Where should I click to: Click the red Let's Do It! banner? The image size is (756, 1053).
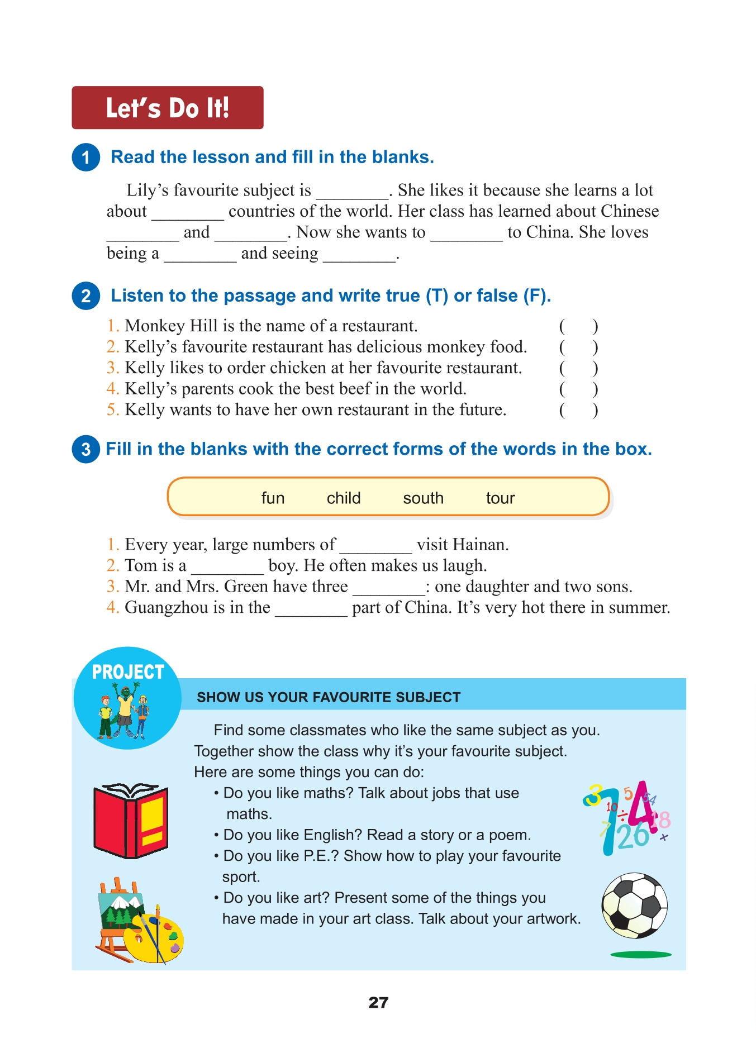[167, 108]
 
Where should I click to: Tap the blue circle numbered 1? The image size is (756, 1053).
[85, 158]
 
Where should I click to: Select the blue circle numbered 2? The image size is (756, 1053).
[85, 296]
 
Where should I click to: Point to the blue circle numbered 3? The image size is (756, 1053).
[85, 449]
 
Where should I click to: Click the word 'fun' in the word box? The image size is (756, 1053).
[273, 498]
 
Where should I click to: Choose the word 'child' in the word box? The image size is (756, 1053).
[344, 498]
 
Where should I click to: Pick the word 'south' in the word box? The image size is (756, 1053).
[423, 498]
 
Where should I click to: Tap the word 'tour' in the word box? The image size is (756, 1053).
[500, 498]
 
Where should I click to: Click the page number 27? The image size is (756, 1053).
[378, 1003]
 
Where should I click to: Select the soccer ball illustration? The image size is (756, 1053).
[634, 906]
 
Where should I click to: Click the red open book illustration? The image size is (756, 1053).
[131, 821]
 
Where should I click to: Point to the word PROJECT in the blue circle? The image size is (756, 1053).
[128, 672]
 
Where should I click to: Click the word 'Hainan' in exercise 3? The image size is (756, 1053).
[481, 545]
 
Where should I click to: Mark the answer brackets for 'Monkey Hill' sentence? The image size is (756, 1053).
[578, 326]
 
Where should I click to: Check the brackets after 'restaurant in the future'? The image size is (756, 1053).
[578, 410]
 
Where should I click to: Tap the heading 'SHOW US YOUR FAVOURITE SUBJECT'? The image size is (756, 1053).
[329, 697]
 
